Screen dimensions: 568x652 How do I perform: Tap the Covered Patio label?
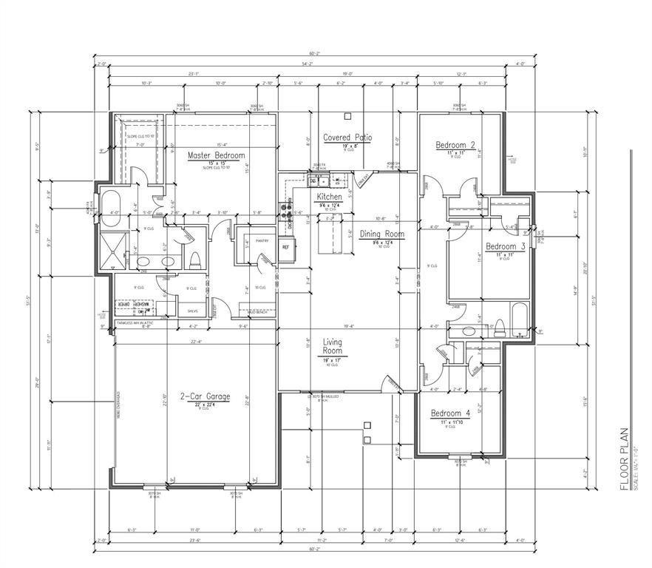tap(347, 138)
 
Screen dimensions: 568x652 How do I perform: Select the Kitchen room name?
tap(329, 197)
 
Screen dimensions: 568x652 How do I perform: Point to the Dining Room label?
tap(381, 234)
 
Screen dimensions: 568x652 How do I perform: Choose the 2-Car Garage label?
tap(205, 396)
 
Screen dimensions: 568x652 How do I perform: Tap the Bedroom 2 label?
tap(455, 145)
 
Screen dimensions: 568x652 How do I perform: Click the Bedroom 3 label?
tap(505, 246)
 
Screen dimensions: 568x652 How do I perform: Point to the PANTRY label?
tap(260, 240)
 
